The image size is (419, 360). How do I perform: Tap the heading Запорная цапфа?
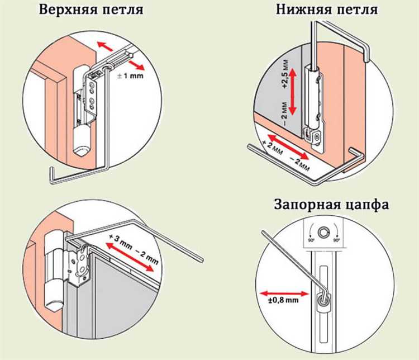click(x=331, y=204)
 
